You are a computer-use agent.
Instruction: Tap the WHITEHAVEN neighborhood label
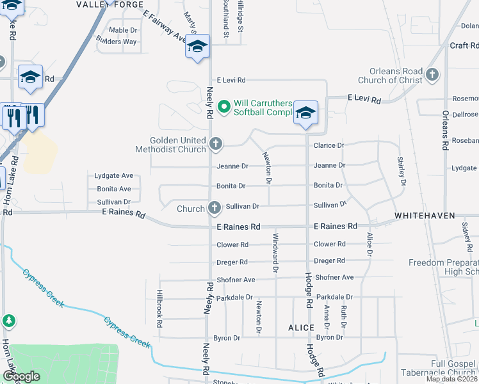[424, 216]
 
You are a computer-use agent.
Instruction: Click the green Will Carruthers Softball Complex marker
[223, 107]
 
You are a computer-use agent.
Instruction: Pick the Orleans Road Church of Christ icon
[432, 75]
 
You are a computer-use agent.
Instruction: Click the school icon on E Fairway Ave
[197, 47]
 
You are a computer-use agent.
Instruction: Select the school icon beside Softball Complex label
[306, 113]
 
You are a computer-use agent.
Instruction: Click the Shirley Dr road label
[402, 171]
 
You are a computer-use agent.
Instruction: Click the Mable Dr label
[123, 30]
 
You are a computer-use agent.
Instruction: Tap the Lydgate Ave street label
[113, 175]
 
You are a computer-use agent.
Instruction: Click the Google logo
[21, 376]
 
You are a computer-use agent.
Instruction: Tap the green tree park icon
[8, 320]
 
